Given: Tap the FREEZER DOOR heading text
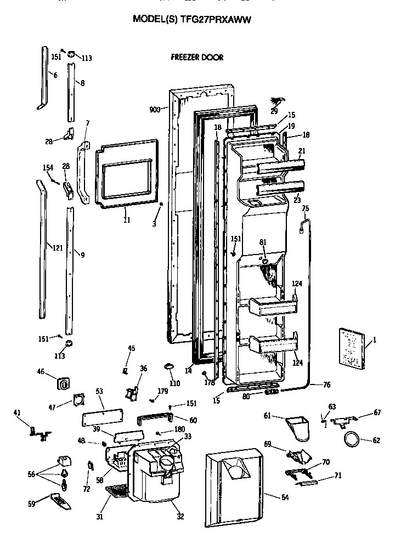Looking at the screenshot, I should (x=197, y=57).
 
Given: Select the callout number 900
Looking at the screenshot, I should (x=154, y=110).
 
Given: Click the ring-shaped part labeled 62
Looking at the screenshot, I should (x=352, y=439).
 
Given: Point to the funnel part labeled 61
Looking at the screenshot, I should (x=298, y=427).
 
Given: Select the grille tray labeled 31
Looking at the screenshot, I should (x=116, y=492).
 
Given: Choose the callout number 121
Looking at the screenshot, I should (x=57, y=247).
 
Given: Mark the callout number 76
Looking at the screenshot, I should (x=327, y=385).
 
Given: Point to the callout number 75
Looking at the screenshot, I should (x=306, y=208).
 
